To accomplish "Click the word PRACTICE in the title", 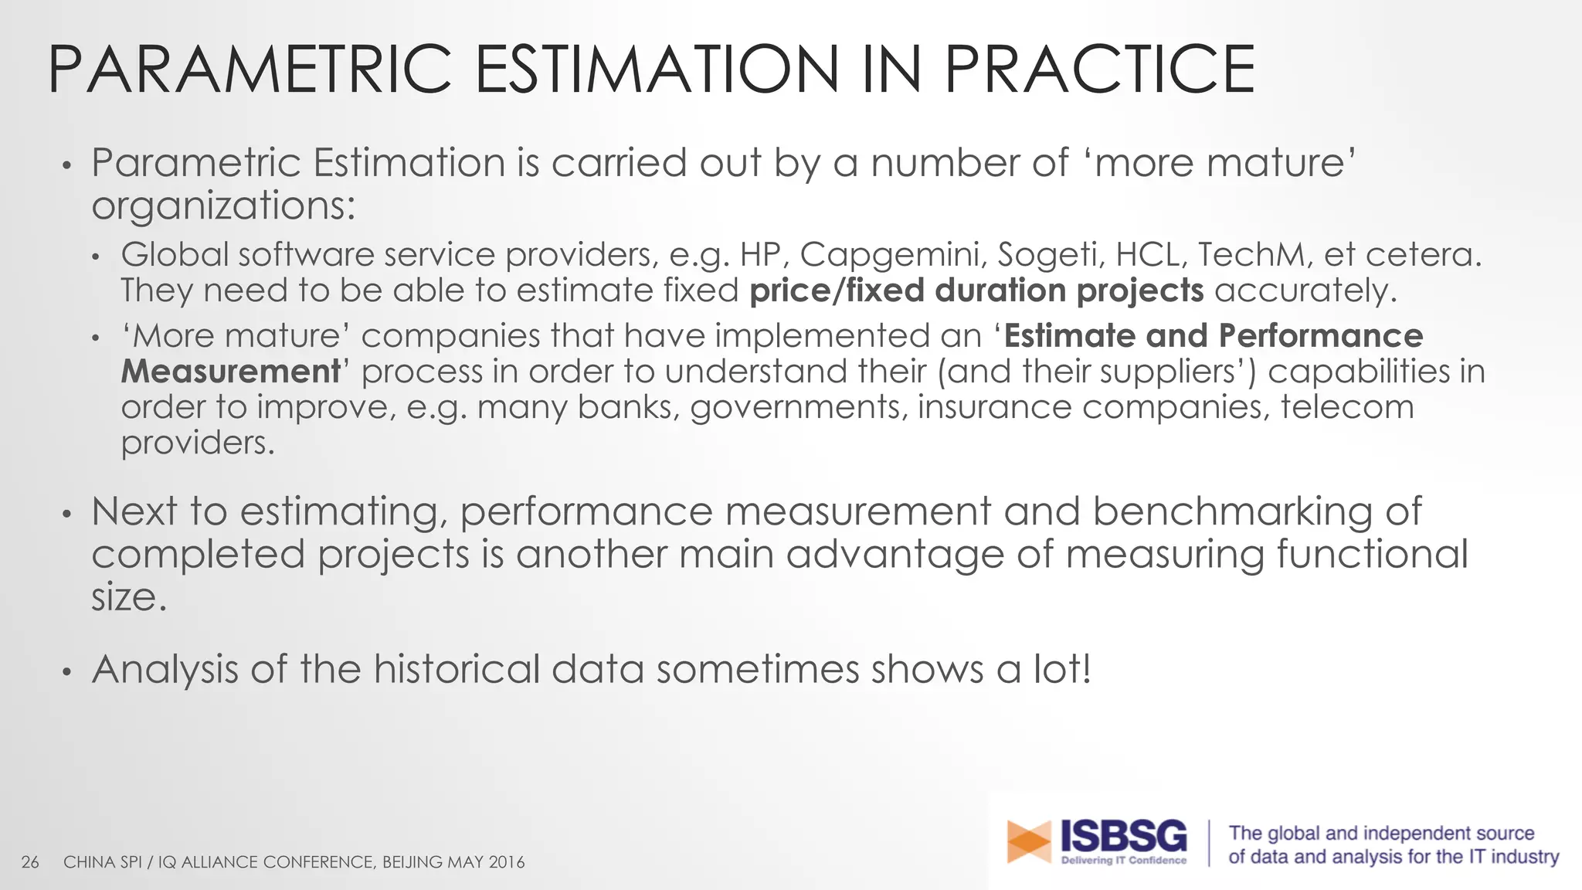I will pos(1098,70).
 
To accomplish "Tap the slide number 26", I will pos(30,862).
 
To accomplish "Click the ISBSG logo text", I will pos(1123,836).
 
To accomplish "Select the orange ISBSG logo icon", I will pos(1029,841).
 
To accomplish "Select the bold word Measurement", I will pos(230,372).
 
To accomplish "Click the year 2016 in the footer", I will pos(507,862).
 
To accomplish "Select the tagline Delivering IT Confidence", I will pos(1123,861).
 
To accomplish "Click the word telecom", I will pos(1347,407).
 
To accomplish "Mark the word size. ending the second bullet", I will pos(128,598).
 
